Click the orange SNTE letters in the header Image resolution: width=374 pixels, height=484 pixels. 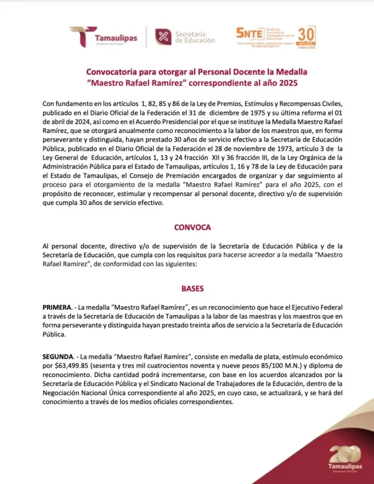tap(249, 33)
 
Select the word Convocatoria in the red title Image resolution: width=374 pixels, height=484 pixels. tap(114, 70)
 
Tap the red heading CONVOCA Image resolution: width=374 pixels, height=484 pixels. tap(192, 227)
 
